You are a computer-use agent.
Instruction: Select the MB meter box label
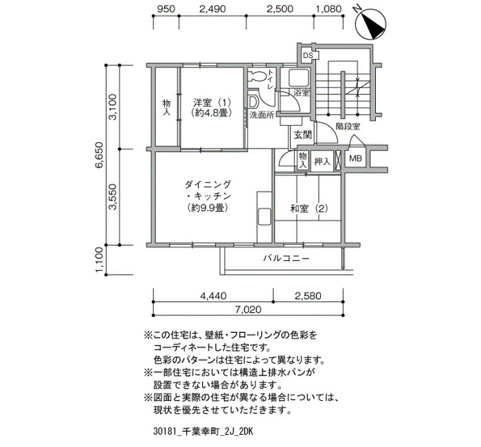pos(356,159)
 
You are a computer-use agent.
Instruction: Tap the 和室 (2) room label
pos(309,209)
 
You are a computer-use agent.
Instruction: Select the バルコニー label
pos(286,258)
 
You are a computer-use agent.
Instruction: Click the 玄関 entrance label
pos(304,135)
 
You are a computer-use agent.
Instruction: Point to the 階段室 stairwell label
pos(348,126)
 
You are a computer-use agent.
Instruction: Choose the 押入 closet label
pos(322,161)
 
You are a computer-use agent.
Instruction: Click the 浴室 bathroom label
pos(302,93)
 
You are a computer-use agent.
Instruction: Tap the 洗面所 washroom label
pos(262,115)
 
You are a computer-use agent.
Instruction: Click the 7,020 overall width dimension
pos(249,309)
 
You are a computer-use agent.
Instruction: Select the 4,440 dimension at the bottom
pos(213,296)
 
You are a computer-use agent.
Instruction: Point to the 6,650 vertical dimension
pos(100,155)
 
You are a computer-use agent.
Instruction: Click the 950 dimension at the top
pos(166,8)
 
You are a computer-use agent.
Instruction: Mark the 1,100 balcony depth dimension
pos(100,260)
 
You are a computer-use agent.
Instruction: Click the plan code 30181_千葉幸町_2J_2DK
pos(203,432)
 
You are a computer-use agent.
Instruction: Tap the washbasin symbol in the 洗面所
pos(254,102)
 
